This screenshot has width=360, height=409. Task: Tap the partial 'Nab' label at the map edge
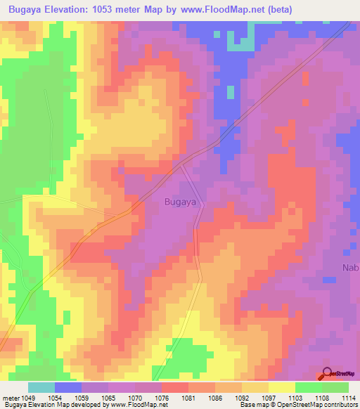(350, 268)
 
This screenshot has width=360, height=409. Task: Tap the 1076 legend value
(162, 398)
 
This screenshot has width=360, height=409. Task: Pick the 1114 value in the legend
(348, 398)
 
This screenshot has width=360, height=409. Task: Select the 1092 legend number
(242, 398)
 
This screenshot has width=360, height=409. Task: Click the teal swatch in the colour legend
(41, 387)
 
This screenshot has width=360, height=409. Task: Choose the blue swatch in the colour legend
(68, 387)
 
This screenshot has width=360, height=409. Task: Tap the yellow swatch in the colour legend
(281, 387)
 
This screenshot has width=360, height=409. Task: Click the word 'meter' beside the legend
(11, 398)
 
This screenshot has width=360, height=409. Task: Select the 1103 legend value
(295, 398)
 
